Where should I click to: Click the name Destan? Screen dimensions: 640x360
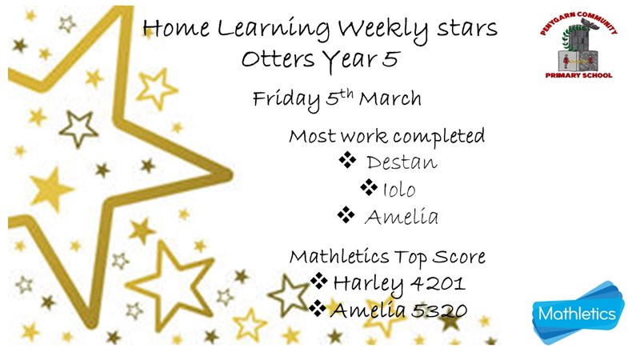pos(402,162)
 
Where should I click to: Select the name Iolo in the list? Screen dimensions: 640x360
pos(398,190)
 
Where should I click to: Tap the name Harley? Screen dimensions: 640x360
pos(368,284)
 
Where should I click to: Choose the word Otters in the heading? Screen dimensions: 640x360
pos(278,59)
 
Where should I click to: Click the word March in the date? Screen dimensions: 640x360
pos(390,98)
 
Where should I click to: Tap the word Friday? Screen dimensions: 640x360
pos(286,100)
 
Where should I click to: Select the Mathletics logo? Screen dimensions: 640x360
pos(578,313)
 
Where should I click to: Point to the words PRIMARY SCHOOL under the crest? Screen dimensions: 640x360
pos(578,75)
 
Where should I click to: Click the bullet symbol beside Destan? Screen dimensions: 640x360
pos(347,159)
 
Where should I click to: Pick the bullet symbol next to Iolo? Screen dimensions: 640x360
pos(369,187)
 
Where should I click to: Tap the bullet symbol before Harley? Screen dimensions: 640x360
pos(318,281)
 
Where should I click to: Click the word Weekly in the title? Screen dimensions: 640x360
pos(383,30)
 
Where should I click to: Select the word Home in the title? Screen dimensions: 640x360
pos(176,28)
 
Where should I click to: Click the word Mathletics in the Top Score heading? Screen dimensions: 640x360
pos(339,257)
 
